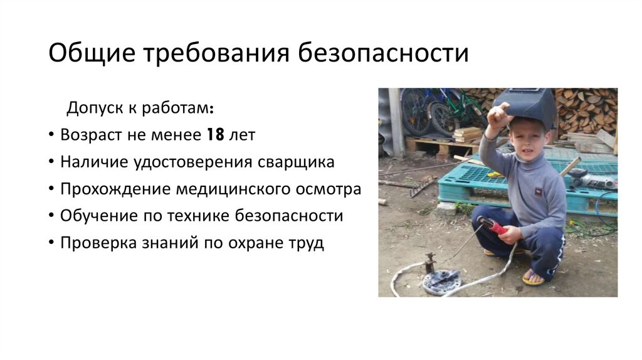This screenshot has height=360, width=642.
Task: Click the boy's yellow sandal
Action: coord(533,277)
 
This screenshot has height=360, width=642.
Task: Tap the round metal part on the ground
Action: coord(441,281)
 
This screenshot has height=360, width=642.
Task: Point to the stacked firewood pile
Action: coord(586,110)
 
